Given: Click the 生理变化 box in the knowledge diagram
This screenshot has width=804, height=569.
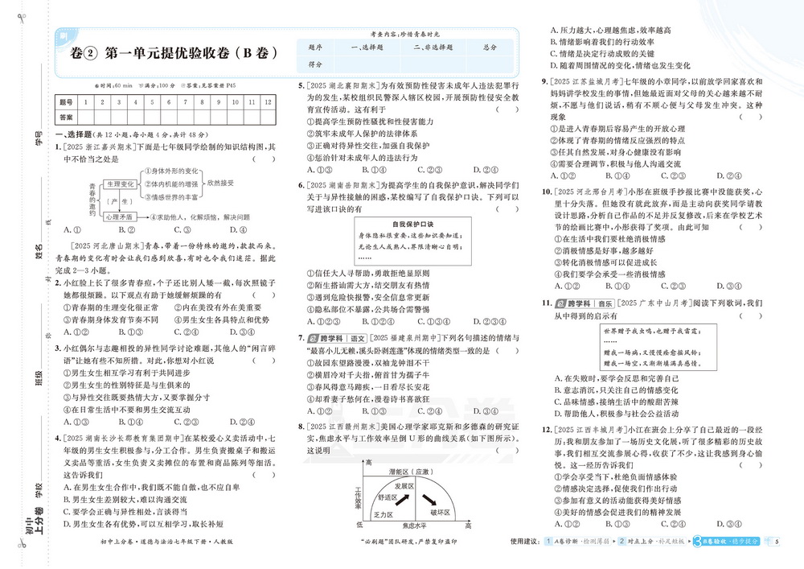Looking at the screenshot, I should (x=121, y=184).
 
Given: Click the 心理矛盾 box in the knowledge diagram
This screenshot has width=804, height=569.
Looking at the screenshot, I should (x=121, y=217).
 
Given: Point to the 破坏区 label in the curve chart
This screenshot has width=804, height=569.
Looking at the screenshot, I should (x=439, y=511).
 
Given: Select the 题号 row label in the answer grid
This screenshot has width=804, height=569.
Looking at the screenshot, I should (x=65, y=101).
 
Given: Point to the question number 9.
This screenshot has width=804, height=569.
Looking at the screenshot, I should (x=544, y=81).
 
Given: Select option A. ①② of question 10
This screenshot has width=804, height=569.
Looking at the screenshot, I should (x=562, y=284).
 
